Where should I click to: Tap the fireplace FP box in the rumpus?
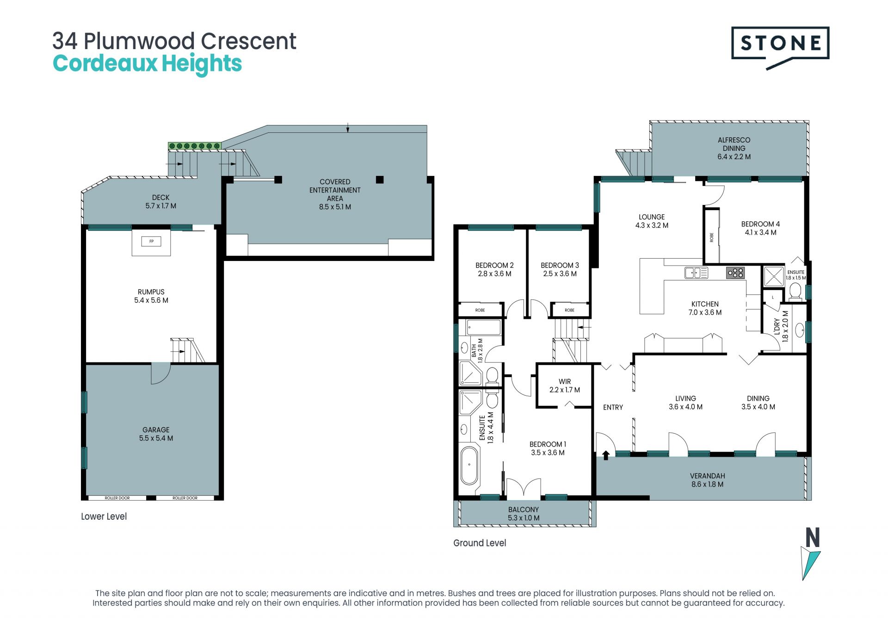tap(151, 241)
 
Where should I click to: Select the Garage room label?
tap(156, 434)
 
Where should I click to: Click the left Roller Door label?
tap(117, 498)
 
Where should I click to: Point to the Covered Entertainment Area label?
tap(335, 194)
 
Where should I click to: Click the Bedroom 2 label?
tap(494, 269)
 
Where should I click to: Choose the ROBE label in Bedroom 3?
tap(569, 310)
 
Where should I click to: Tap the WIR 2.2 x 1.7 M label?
tap(565, 386)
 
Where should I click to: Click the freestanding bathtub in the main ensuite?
tap(469, 465)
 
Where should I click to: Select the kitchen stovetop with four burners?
tap(735, 273)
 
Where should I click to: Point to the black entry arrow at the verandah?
tap(605, 455)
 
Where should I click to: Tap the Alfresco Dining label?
tap(734, 148)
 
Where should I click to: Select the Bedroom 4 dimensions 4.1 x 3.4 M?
tap(760, 233)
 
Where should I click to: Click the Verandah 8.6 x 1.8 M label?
tap(707, 480)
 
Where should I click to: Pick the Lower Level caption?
tap(104, 516)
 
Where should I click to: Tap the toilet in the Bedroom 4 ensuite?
tap(795, 292)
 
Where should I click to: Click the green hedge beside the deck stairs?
tap(195, 146)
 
